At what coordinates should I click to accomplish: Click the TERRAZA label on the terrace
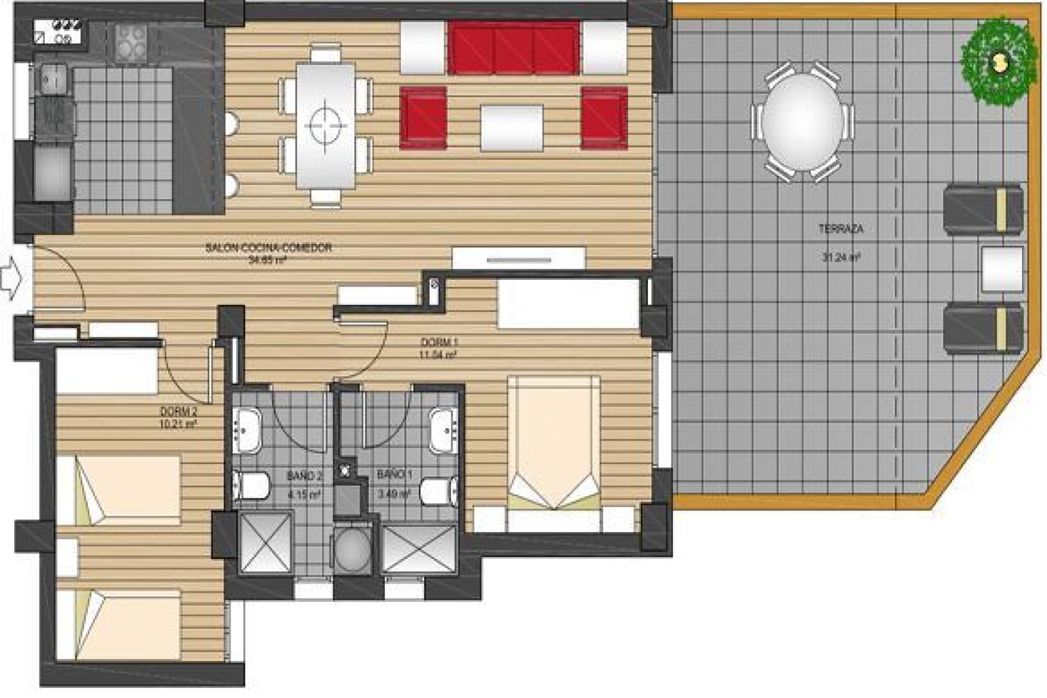click(x=841, y=230)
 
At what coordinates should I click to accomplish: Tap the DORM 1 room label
click(x=438, y=342)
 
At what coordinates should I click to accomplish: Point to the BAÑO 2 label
click(x=305, y=476)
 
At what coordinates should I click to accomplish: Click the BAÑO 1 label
click(x=394, y=475)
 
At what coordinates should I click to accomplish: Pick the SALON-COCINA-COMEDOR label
click(x=268, y=248)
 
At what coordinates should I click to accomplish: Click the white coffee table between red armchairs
click(x=512, y=128)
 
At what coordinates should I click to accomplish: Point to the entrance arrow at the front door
click(x=10, y=279)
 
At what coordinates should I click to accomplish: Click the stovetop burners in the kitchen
click(x=131, y=43)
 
